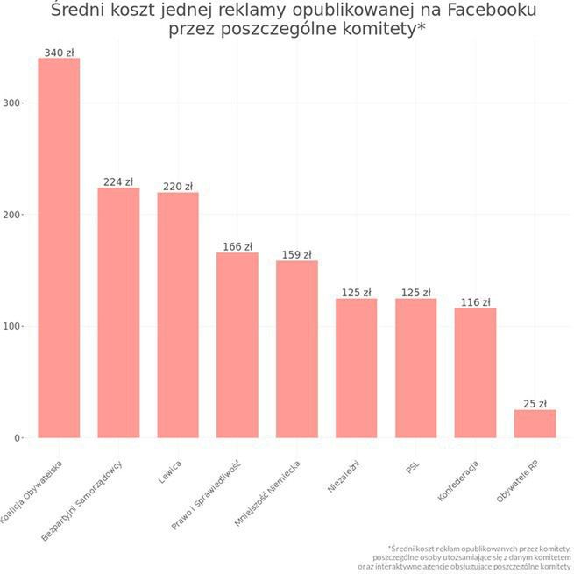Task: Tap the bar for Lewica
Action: (178, 315)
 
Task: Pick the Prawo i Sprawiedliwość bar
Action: (237, 345)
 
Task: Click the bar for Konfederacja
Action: (475, 372)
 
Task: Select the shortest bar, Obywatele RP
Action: (535, 423)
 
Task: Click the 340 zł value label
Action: (59, 53)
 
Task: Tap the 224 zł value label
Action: (118, 182)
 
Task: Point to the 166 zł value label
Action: (237, 247)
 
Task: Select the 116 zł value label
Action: (475, 302)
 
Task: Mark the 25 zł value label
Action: (535, 404)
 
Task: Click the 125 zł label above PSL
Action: (415, 293)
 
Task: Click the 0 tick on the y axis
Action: (18, 438)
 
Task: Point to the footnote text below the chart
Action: (464, 556)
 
